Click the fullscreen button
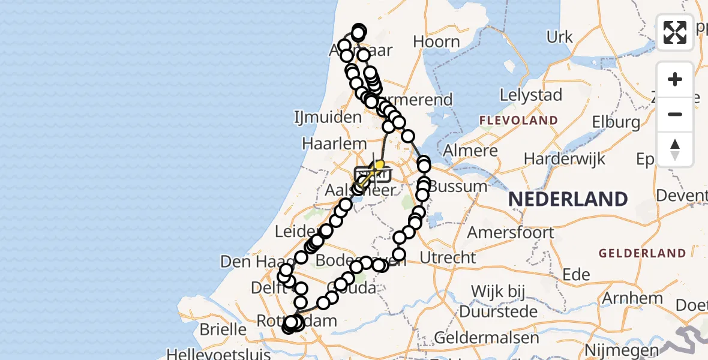(675, 32)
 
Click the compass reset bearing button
(675, 149)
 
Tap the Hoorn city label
(437, 42)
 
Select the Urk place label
(559, 37)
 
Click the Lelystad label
(532, 95)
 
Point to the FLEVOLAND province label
(518, 121)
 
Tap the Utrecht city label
(448, 257)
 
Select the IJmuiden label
(327, 117)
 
